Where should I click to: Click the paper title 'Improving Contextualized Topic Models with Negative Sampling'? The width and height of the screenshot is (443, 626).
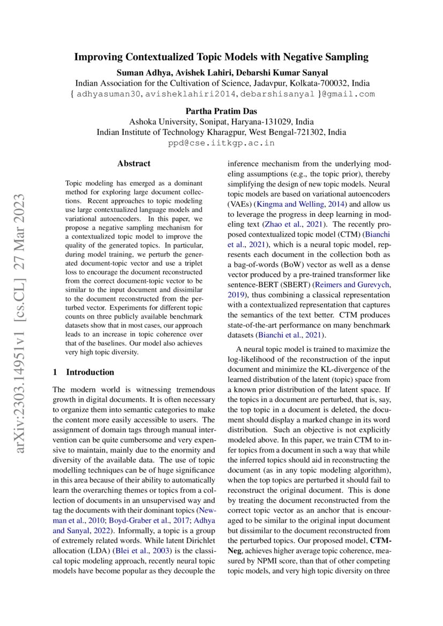tap(221, 57)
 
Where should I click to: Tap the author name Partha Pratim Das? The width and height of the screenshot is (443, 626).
tap(221, 111)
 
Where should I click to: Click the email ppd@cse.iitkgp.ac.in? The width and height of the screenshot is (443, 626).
tap(221, 143)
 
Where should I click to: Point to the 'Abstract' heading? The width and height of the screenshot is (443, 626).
tap(134, 163)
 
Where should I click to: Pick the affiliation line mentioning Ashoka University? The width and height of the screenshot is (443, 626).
tap(221, 122)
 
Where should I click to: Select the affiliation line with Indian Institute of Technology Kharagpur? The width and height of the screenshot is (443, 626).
tap(221, 132)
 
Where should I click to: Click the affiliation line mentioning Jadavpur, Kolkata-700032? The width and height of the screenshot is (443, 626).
tap(221, 83)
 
